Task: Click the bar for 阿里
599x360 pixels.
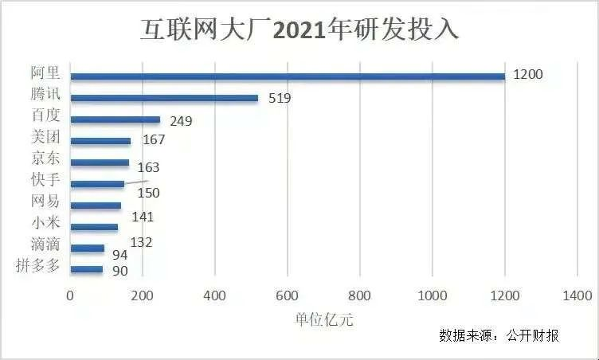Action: click(x=287, y=76)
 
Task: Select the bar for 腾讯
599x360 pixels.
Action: click(x=164, y=98)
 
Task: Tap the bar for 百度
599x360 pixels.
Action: click(x=115, y=119)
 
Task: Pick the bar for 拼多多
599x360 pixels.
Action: click(x=87, y=269)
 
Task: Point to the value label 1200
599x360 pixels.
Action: click(x=527, y=75)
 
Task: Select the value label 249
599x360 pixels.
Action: click(x=181, y=121)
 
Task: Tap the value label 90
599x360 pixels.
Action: click(x=119, y=271)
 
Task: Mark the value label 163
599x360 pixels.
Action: click(x=148, y=167)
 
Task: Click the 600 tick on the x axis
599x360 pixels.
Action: click(x=288, y=295)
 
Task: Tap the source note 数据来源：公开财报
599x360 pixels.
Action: click(x=499, y=335)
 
